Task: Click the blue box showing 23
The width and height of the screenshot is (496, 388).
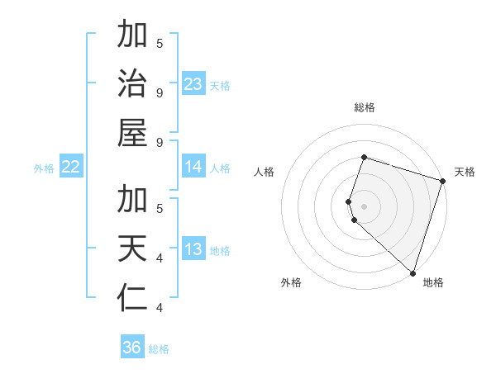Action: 193,84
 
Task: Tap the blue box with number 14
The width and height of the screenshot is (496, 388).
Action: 193,167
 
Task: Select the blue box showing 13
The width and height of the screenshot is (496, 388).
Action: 193,249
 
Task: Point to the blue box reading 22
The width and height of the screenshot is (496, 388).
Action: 71,167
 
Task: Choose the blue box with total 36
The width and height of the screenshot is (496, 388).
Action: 132,348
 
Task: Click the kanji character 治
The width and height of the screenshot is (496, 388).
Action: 132,85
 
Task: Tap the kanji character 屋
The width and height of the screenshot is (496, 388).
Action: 132,135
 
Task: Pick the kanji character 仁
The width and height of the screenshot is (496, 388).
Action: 132,298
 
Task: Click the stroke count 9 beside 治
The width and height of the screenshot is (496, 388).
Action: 159,92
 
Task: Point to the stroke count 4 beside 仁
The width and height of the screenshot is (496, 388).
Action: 159,308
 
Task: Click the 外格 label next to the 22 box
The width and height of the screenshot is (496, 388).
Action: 44,168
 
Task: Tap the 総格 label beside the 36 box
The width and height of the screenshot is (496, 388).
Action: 159,349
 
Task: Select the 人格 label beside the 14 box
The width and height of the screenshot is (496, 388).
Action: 220,168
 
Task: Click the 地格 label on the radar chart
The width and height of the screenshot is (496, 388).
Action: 433,282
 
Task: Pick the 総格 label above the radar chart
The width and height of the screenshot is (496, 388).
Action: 365,107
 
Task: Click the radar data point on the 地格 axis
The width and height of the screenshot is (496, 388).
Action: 413,272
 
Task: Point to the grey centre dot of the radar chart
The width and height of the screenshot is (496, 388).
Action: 365,205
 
